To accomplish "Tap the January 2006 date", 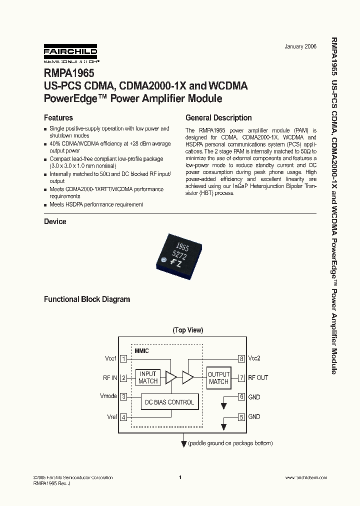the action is (x=300, y=46).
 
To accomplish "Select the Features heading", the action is (x=58, y=118).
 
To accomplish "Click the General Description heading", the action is (x=218, y=118).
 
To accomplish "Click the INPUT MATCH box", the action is (x=148, y=377).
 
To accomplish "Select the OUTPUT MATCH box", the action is (x=218, y=377).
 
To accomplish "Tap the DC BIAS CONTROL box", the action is (x=169, y=402).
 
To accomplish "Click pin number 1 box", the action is (x=123, y=358).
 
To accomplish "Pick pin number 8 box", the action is (x=241, y=358).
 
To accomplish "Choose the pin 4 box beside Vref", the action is (x=123, y=416).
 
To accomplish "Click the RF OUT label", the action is (x=258, y=377).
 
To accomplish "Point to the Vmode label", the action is (x=108, y=396).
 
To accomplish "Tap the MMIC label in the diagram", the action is (x=142, y=351).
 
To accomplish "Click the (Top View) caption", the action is (x=187, y=330).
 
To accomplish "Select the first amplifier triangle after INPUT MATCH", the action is (x=171, y=377).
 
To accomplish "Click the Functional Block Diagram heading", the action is (x=87, y=299).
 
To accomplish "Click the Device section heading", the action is (x=55, y=221).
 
